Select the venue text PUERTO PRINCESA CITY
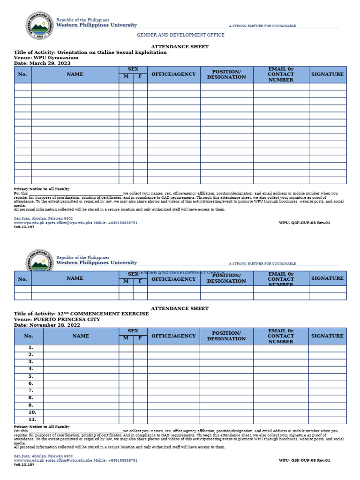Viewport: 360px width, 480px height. [x=70, y=319]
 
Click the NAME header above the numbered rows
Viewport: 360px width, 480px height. [x=81, y=336]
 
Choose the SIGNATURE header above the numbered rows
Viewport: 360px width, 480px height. [x=327, y=336]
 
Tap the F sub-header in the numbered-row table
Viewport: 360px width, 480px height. [x=140, y=338]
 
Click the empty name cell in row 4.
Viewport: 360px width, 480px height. [x=81, y=369]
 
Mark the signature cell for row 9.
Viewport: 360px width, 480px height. [x=327, y=405]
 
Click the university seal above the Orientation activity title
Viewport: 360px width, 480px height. [x=39, y=26]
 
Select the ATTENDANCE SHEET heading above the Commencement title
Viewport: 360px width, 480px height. [x=180, y=308]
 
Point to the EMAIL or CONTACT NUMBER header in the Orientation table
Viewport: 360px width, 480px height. [x=281, y=74]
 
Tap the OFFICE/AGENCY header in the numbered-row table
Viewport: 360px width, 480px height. [x=173, y=336]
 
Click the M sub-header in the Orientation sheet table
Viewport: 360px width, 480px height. [x=126, y=76]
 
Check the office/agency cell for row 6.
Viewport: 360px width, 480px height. [x=173, y=383]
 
